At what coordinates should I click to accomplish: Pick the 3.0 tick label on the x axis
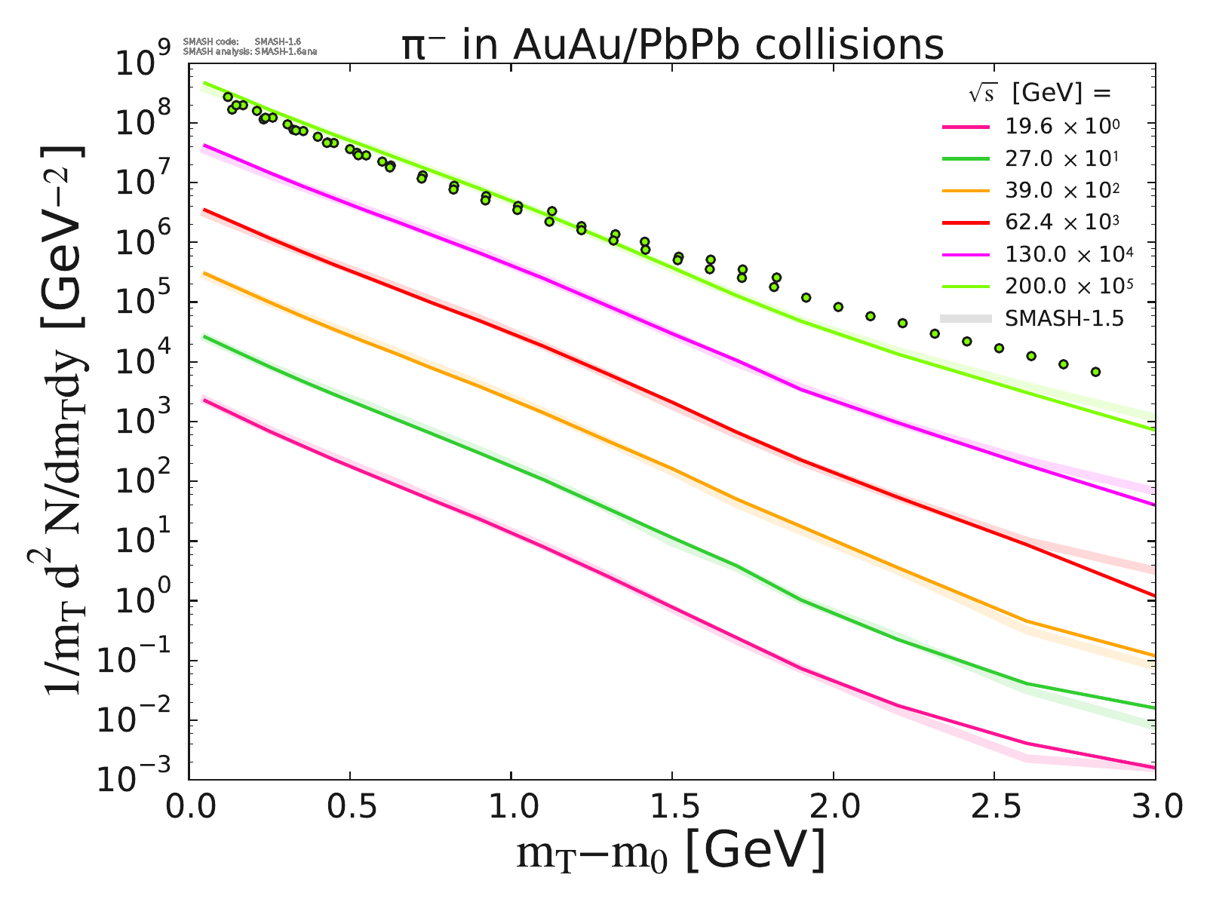pyautogui.click(x=1154, y=808)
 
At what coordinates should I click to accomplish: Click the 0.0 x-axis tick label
pyautogui.click(x=189, y=808)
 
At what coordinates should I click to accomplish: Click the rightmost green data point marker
pyautogui.click(x=1095, y=372)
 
